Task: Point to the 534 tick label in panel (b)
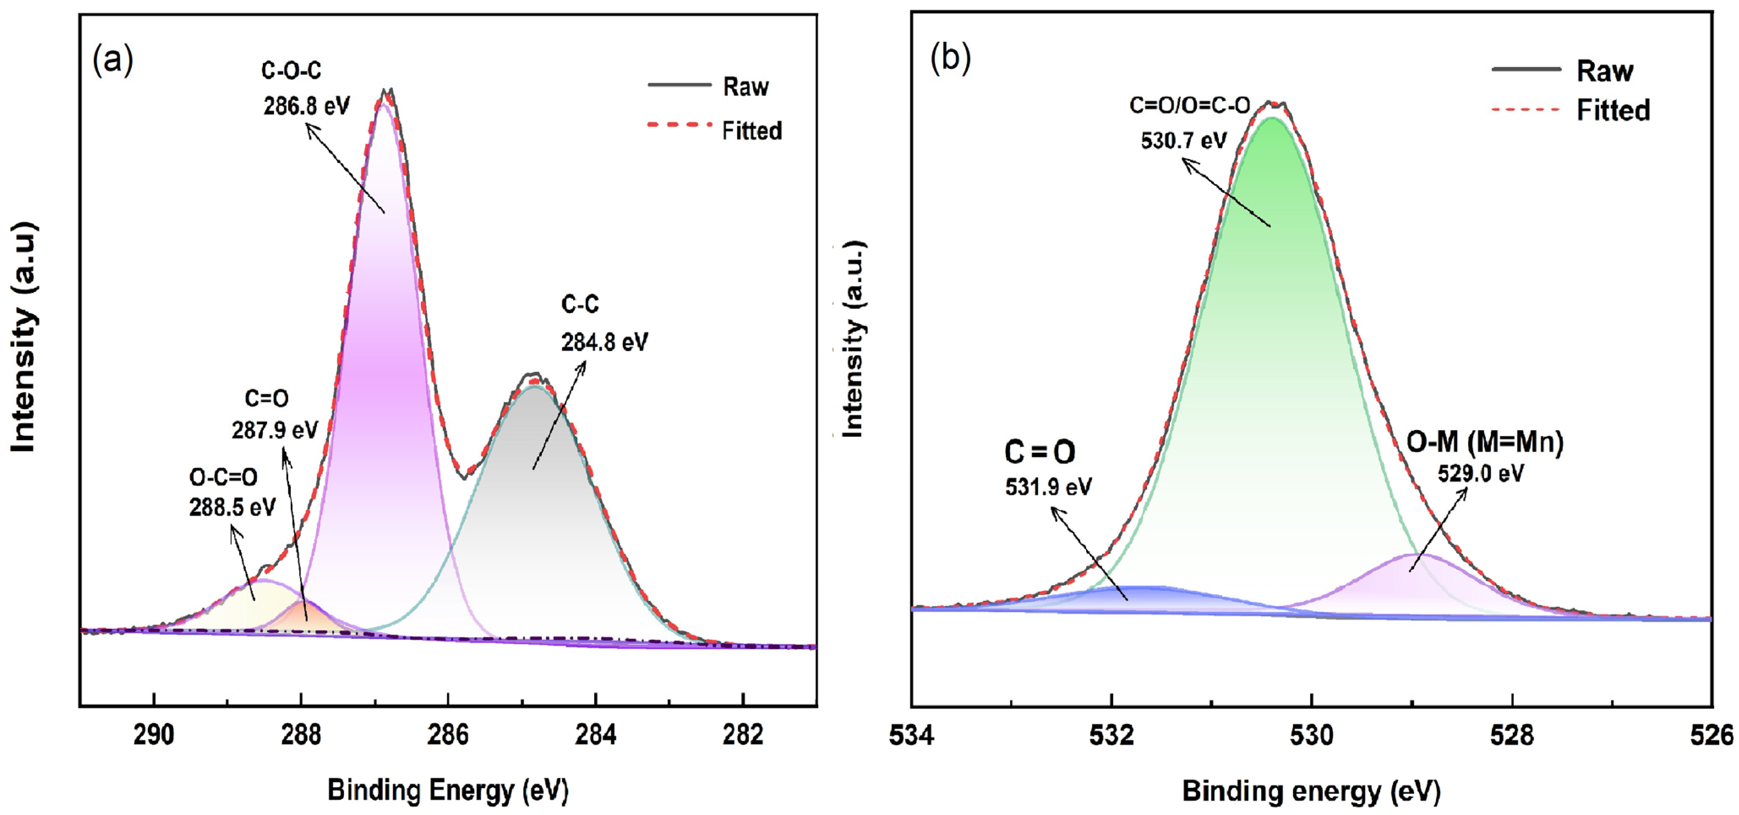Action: point(912,736)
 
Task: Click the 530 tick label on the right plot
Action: point(1312,736)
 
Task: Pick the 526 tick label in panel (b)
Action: point(1712,736)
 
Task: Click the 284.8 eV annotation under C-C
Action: point(604,343)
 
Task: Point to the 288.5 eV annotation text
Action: point(232,507)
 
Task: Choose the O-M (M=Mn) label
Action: point(1485,442)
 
